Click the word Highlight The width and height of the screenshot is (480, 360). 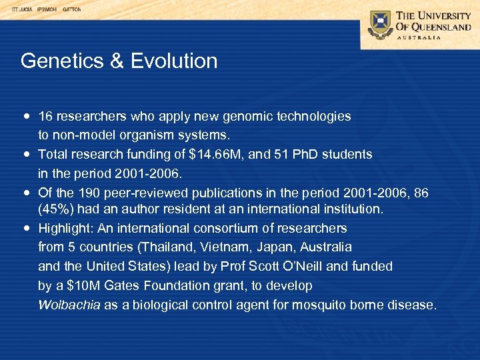point(65,229)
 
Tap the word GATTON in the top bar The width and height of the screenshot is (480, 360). point(71,10)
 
